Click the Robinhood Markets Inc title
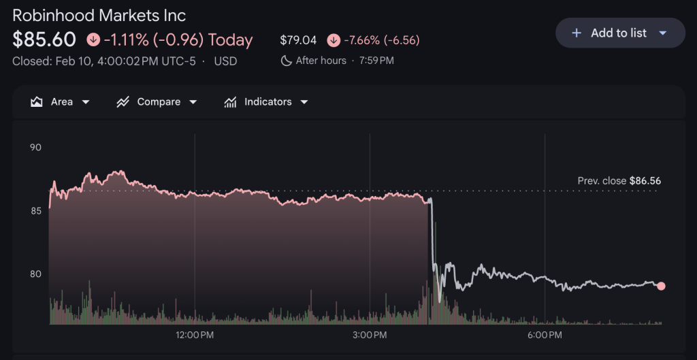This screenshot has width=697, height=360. click(99, 15)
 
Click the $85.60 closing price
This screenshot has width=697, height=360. click(44, 40)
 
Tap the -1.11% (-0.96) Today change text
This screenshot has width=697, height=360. click(178, 40)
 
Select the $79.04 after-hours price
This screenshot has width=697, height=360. click(298, 40)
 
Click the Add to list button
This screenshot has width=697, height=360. click(620, 33)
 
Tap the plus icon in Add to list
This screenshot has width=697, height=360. click(577, 33)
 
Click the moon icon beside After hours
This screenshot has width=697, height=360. click(287, 61)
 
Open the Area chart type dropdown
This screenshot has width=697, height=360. click(61, 102)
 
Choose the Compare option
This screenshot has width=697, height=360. click(157, 102)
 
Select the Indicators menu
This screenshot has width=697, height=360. click(266, 102)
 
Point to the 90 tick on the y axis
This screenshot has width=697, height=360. click(35, 147)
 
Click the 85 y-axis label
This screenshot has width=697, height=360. click(35, 211)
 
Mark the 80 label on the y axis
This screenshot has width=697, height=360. click(35, 274)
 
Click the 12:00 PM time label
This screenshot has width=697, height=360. click(195, 335)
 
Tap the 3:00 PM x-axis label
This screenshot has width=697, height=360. click(370, 335)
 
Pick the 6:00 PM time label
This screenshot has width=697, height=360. click(545, 335)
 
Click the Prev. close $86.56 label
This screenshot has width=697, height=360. click(619, 181)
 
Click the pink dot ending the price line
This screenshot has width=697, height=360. click(661, 286)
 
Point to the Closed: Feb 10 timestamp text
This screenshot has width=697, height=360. click(103, 61)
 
